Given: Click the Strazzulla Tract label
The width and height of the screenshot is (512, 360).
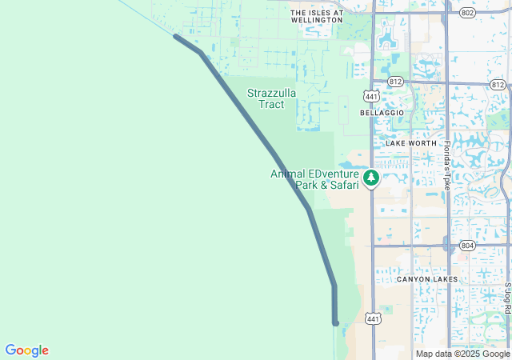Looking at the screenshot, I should [x=271, y=98].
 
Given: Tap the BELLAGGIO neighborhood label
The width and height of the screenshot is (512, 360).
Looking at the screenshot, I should [x=382, y=114].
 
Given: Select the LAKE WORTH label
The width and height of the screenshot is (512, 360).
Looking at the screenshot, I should [x=411, y=143].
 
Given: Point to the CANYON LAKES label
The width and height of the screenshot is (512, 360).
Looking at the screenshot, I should [x=427, y=279].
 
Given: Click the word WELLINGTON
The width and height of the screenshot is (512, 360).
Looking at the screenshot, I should [x=317, y=20].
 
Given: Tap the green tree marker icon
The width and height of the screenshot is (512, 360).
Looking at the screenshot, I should [x=370, y=178].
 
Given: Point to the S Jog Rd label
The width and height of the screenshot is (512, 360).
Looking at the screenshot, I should [x=507, y=298].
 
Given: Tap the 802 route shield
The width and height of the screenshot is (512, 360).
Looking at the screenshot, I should [x=467, y=13].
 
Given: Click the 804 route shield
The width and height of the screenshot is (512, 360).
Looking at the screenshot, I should [x=467, y=246].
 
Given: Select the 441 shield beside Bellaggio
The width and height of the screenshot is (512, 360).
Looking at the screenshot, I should [x=371, y=96].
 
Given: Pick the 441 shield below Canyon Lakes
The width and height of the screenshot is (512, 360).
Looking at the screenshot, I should [x=372, y=318].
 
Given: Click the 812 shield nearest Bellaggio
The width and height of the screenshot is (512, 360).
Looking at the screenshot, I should [x=394, y=82].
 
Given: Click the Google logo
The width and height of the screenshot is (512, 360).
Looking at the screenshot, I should [x=26, y=350].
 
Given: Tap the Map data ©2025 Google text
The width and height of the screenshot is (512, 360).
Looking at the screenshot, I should [x=462, y=354].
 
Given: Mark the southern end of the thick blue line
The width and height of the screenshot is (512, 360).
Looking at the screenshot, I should [x=335, y=322].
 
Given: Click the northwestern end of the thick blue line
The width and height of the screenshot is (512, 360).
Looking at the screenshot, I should [x=176, y=36].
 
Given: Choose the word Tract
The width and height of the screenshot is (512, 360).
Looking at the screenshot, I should [x=271, y=104].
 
